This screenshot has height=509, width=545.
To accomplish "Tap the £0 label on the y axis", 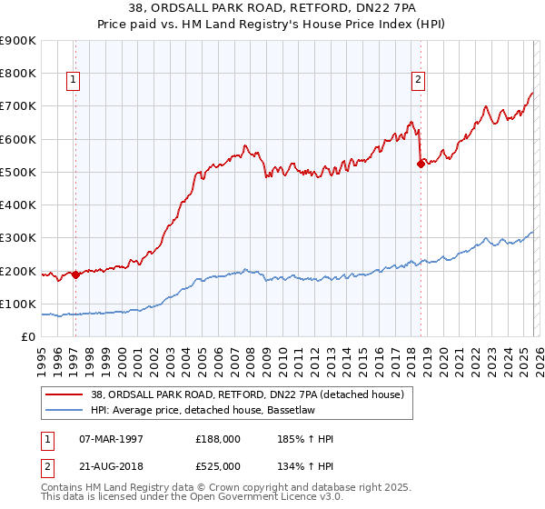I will pyautogui.click(x=28, y=337).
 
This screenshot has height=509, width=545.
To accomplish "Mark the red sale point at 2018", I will pyautogui.click(x=421, y=165).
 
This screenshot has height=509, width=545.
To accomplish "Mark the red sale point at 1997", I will pyautogui.click(x=75, y=274).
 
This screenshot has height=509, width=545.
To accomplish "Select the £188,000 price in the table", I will pyautogui.click(x=215, y=438).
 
